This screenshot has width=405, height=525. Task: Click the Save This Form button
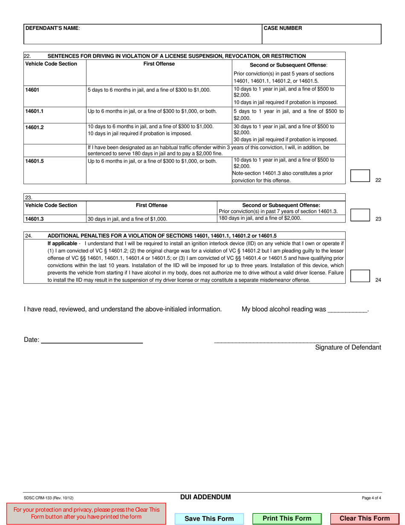tap(209, 519)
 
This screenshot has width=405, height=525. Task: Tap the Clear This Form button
tap(364, 519)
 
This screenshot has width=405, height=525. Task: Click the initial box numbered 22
tap(360, 176)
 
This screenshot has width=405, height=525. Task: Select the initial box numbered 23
tap(360, 215)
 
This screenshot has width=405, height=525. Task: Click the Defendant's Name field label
tap(52, 28)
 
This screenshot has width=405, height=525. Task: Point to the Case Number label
tap(283, 28)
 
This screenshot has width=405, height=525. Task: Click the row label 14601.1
tap(35, 111)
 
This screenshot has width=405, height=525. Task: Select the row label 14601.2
tap(35, 127)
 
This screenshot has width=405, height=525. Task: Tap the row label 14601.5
tap(35, 161)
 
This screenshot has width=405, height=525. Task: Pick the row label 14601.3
tap(35, 219)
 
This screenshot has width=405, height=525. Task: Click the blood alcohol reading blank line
tap(347, 310)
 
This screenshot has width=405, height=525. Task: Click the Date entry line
tap(92, 340)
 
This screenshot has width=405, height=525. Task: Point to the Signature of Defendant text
tap(348, 347)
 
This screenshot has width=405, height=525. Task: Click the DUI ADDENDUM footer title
tap(205, 497)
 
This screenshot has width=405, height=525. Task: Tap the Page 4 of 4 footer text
tap(371, 498)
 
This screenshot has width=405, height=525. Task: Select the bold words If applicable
tap(62, 243)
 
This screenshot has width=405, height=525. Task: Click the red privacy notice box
tap(87, 513)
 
